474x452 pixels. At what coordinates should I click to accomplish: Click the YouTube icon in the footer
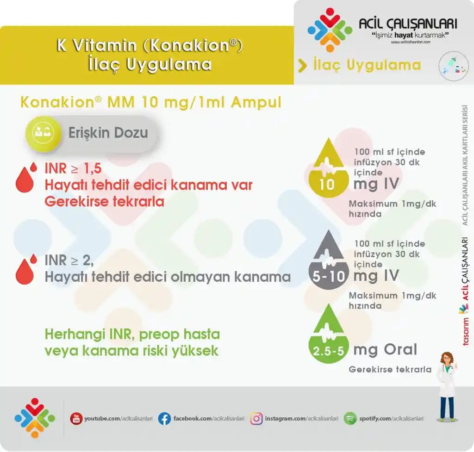(76, 419)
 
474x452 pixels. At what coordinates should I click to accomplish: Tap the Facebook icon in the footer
(164, 419)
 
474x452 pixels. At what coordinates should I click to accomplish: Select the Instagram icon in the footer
(256, 419)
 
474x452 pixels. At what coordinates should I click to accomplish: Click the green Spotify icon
(350, 419)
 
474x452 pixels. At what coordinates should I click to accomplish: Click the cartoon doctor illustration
(447, 387)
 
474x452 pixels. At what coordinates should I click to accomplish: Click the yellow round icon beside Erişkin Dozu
(43, 133)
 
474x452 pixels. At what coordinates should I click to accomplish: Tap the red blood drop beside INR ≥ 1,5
(26, 178)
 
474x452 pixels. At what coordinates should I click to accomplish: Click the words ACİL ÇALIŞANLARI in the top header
(408, 24)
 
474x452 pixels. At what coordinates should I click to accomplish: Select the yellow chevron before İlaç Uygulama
(302, 66)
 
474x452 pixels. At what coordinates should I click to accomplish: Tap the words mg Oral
(385, 350)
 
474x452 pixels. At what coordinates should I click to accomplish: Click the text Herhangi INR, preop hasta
(132, 334)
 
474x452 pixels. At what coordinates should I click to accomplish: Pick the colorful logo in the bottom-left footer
(34, 418)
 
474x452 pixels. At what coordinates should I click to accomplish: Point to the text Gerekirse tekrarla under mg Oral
(390, 370)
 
